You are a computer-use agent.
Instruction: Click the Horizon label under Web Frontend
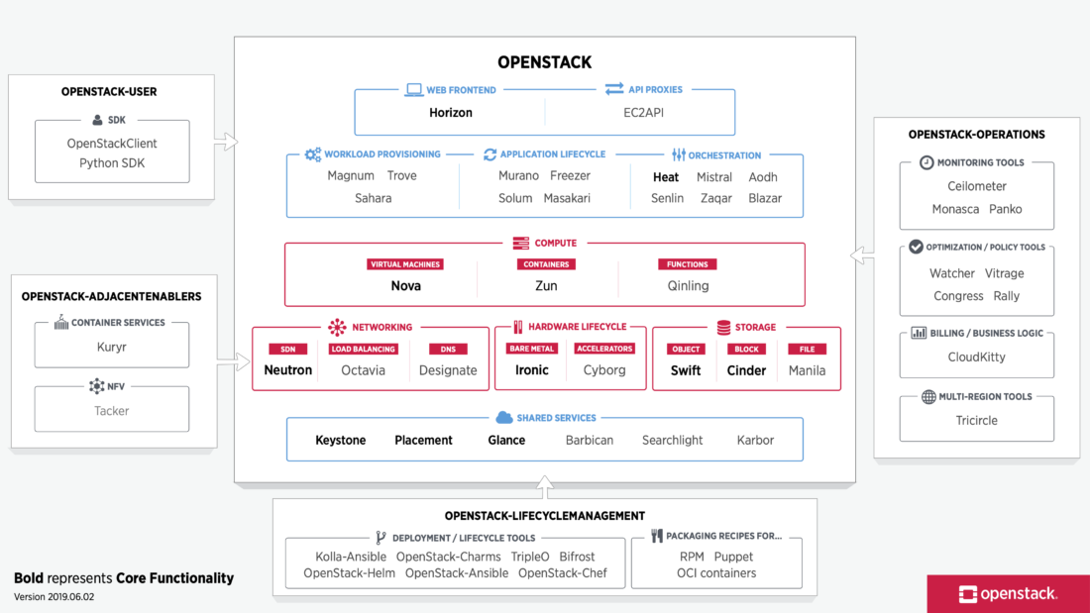coord(451,113)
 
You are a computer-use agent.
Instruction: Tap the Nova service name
coord(405,286)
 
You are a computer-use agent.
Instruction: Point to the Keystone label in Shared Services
coord(340,441)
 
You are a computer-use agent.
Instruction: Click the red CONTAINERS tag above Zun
coord(546,264)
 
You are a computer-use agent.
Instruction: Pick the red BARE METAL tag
coord(531,349)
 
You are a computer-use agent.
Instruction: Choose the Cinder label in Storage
coord(746,370)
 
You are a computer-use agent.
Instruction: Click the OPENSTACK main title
coord(544,62)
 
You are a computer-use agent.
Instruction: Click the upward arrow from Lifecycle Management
coord(544,487)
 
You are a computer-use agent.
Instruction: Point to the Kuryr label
coord(111,349)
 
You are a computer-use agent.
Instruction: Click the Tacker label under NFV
coord(111,411)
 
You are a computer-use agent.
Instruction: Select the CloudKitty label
coord(976,358)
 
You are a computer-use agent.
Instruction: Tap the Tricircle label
coord(976,421)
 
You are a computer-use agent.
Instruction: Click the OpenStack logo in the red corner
coord(1008,594)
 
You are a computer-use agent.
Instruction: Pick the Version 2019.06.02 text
coord(54,597)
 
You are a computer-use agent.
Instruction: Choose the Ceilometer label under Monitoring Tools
coord(976,186)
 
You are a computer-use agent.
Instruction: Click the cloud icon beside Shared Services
coord(503,418)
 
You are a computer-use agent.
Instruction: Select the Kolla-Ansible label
coord(351,557)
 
